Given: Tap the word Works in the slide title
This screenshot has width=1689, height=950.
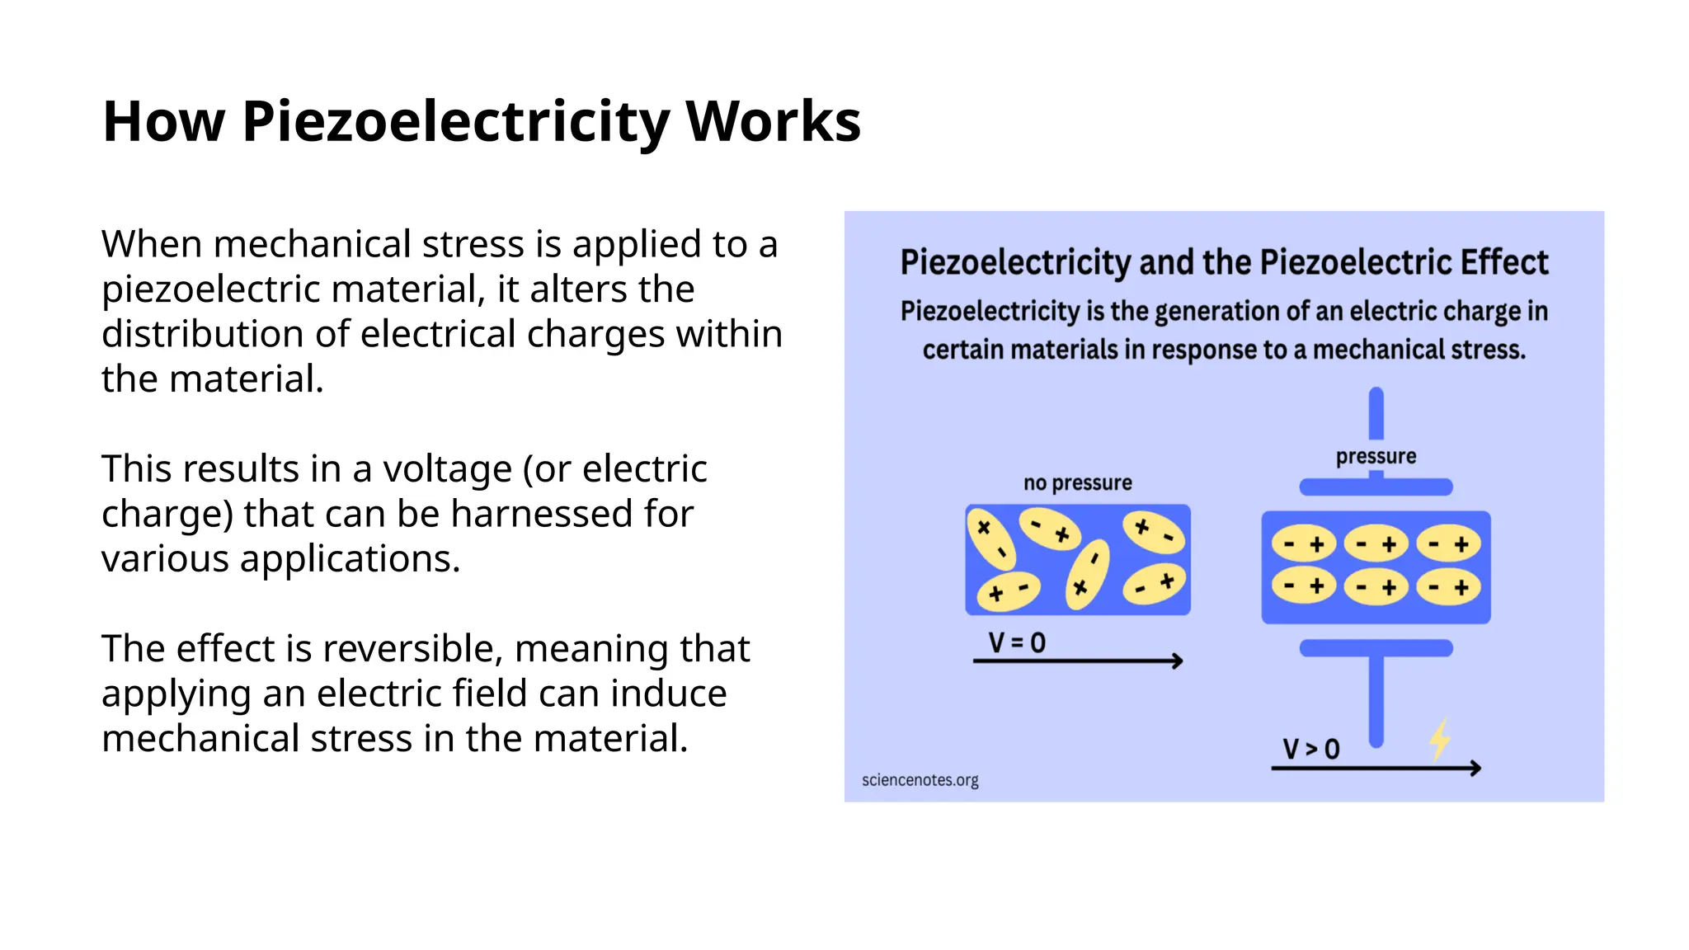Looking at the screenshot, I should point(773,122).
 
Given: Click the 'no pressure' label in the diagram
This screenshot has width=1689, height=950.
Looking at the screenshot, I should point(1077,483).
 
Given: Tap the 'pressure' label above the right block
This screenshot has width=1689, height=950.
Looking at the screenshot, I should point(1376,456).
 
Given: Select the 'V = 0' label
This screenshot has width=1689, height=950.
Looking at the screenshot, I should point(1017,642).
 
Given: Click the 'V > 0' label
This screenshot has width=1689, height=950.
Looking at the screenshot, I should point(1310,749).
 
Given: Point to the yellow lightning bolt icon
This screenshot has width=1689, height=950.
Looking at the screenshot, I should point(1440,739).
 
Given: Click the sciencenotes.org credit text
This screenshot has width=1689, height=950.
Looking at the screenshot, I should point(920,780).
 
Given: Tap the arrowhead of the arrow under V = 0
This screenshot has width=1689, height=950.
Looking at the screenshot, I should point(1178,661).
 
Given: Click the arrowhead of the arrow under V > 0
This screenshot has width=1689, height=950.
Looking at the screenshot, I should point(1475,769).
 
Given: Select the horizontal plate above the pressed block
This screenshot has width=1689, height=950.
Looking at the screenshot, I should point(1376,487).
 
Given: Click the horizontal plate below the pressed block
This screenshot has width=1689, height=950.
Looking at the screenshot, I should point(1376,648).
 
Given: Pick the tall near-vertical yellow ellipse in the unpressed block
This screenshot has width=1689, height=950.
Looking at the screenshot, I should point(1088,574).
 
